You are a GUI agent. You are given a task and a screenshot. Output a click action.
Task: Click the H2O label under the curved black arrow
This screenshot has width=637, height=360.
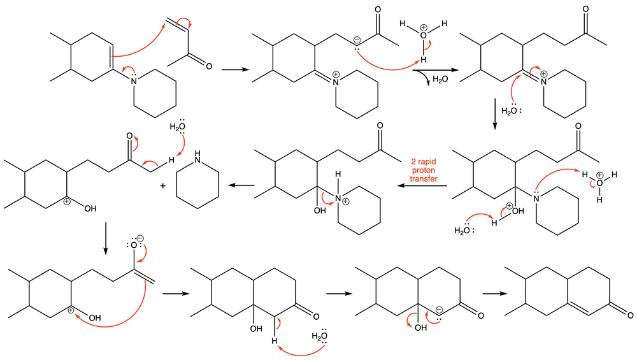pos(440,80)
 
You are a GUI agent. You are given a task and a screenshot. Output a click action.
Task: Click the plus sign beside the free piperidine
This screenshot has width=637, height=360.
pos(162,185)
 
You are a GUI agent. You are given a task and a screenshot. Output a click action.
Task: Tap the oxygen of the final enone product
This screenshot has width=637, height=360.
pos(629,314)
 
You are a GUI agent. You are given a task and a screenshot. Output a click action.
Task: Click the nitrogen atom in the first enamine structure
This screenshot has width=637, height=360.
pos(134,80)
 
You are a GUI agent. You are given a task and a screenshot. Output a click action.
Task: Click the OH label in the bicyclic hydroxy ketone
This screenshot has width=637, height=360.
pos(255,329)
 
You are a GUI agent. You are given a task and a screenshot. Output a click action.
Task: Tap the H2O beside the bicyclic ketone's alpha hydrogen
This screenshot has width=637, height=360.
pos(320,337)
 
